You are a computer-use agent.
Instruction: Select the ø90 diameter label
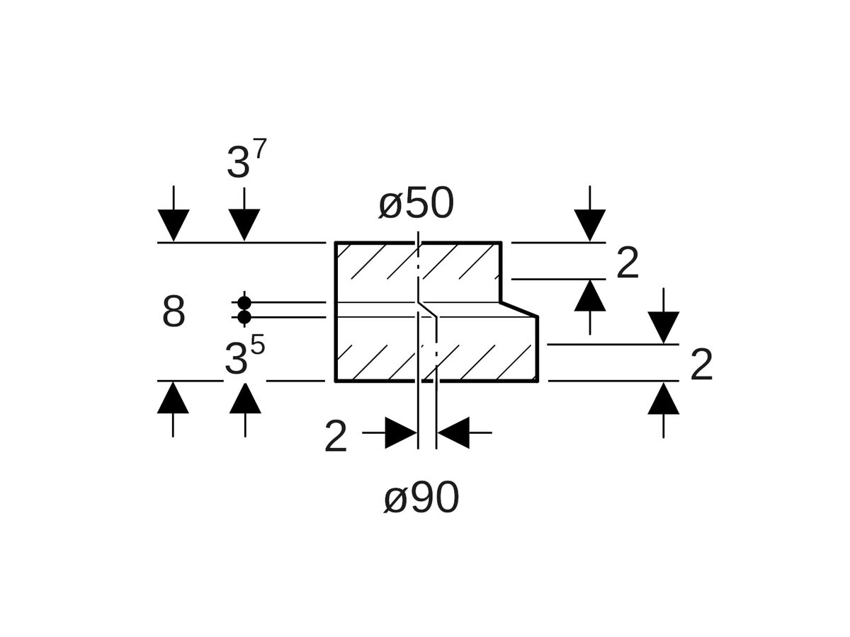click(421, 499)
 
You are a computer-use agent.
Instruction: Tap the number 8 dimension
click(174, 311)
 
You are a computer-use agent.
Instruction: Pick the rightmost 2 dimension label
click(701, 366)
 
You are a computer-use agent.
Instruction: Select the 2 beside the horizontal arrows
click(336, 437)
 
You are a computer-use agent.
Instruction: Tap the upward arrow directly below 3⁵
click(245, 398)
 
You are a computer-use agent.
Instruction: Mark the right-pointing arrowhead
click(401, 432)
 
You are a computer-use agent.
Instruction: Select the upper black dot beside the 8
click(244, 303)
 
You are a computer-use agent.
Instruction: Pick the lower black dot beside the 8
click(244, 317)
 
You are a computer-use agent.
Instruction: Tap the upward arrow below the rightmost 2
click(663, 398)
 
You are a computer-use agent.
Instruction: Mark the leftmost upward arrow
click(173, 398)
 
